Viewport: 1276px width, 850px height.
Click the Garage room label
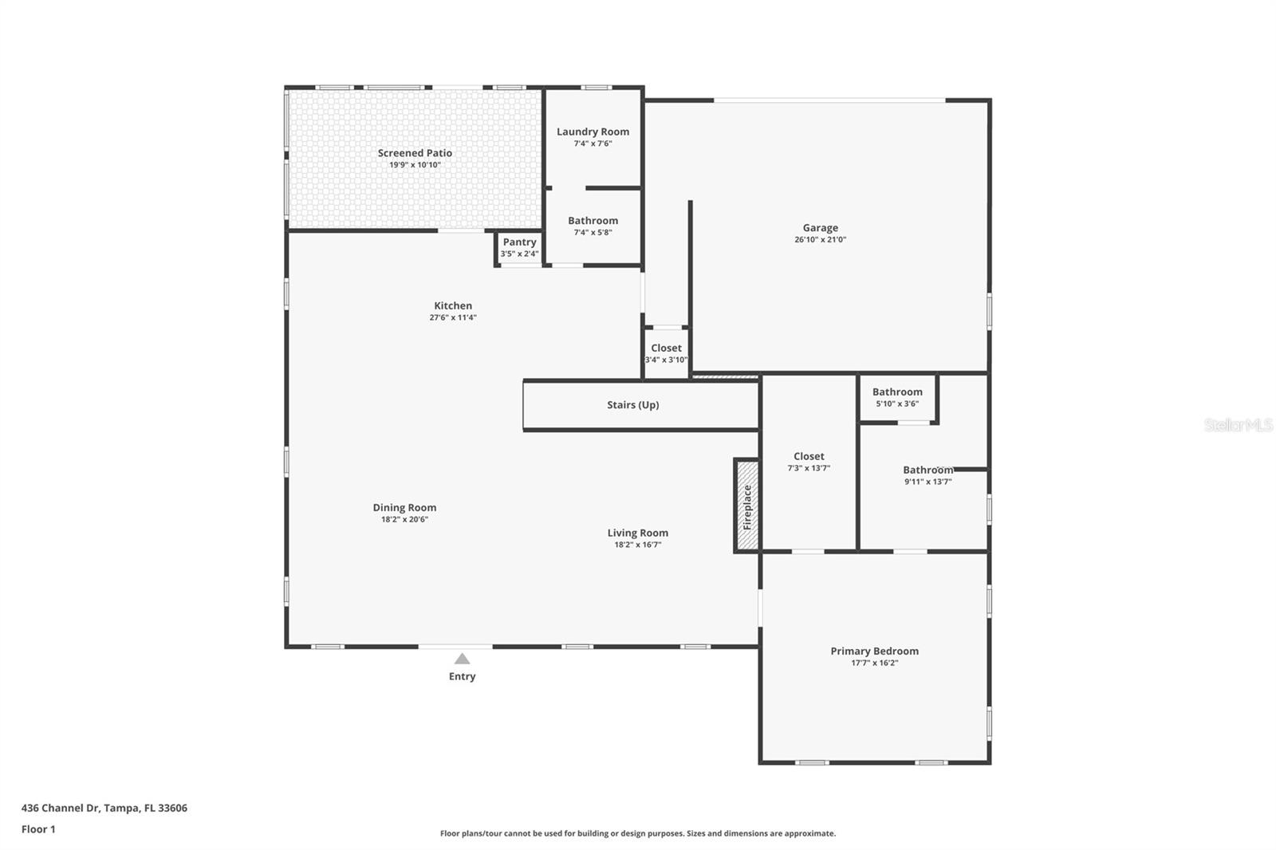[821, 228]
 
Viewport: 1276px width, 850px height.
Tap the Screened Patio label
[415, 152]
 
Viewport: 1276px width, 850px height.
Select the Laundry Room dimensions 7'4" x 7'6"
[593, 144]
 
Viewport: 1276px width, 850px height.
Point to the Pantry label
[519, 242]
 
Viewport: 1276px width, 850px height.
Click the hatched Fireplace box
[746, 506]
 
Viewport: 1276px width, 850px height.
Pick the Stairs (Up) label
[633, 405]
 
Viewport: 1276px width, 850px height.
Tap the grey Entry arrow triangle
[462, 659]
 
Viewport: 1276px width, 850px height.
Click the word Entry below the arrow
[462, 676]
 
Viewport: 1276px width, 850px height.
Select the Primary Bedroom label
[874, 651]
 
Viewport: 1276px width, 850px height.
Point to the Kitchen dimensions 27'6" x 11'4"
[453, 318]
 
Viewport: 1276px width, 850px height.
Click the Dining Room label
[404, 508]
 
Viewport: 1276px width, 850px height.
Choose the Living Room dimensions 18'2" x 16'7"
[637, 545]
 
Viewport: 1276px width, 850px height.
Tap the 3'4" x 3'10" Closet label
[666, 348]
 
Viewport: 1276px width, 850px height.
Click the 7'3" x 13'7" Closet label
[809, 456]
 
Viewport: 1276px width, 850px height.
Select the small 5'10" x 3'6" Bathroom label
[897, 392]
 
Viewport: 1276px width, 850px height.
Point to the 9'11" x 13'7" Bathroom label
[928, 470]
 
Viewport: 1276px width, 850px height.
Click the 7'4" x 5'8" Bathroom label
[593, 221]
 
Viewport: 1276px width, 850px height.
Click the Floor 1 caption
[38, 829]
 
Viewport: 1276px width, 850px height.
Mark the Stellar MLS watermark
[1239, 425]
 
